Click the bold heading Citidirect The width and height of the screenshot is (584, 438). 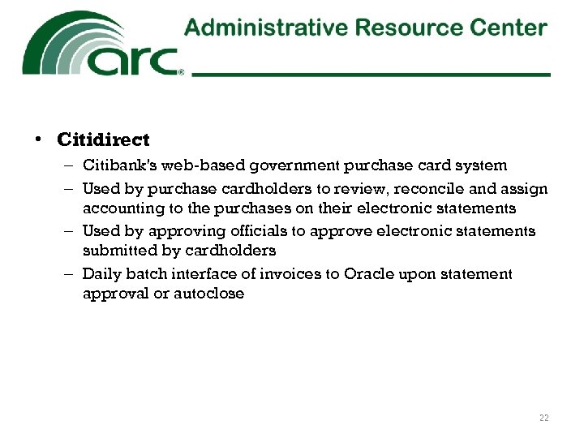pos(103,140)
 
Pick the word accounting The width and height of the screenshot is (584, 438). pos(119,208)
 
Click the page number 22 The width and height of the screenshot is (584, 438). pos(543,418)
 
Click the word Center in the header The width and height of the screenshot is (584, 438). pos(511,28)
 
